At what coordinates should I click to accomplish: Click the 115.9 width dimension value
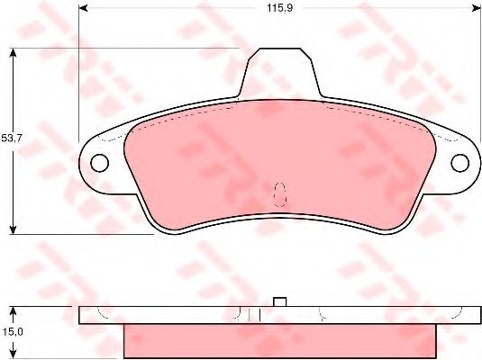coord(279,8)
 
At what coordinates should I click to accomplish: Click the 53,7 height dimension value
coord(12,139)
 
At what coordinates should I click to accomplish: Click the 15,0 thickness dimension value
coord(12,332)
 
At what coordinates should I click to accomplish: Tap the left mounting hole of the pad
coord(100,163)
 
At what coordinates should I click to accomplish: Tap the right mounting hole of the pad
coord(459,163)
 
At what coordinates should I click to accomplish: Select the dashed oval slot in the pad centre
coord(280,194)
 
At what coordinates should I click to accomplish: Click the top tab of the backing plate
coord(280,73)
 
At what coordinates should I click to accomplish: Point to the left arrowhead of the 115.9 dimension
coord(83,8)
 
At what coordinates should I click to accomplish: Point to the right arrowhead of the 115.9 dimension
coord(477,8)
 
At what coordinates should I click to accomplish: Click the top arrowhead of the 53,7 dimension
coord(13,53)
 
